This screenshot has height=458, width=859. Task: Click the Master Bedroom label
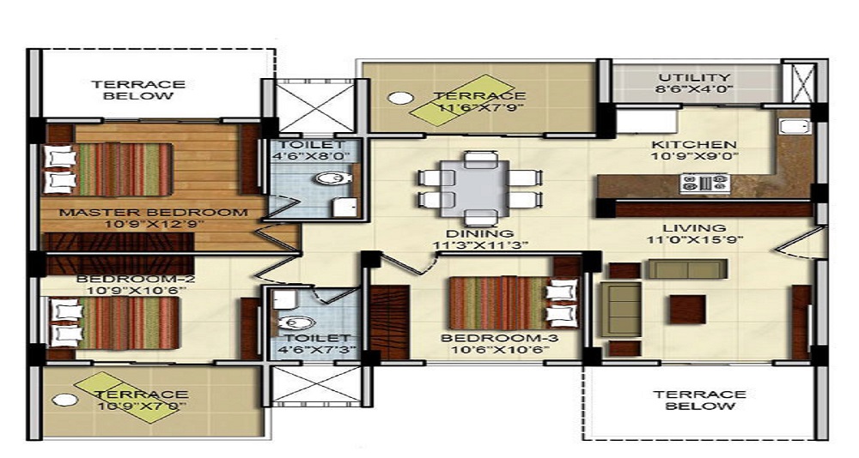[x=154, y=213]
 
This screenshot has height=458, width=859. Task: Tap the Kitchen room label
[x=693, y=144]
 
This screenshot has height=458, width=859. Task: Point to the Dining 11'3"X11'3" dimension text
[x=480, y=245]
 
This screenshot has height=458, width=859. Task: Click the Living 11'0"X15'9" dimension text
[x=695, y=240]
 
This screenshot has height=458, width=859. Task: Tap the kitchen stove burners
[x=705, y=184]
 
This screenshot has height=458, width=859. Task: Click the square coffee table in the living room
[x=687, y=310]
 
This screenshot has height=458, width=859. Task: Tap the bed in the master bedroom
[x=108, y=170]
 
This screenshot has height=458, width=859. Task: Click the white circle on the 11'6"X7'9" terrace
[x=400, y=99]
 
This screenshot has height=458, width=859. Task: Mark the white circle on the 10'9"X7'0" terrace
[x=64, y=400]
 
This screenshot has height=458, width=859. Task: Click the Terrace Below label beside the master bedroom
[x=138, y=90]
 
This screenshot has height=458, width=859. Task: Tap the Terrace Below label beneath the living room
[x=699, y=400]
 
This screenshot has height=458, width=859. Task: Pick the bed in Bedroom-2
[x=114, y=322]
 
